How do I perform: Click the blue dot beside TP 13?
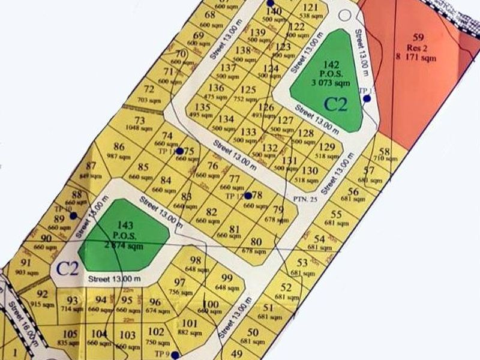(367, 98)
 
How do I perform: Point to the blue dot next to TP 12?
(248, 196)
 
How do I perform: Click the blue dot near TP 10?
(73, 215)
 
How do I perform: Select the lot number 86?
(119, 147)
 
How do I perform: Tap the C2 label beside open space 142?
(335, 104)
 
